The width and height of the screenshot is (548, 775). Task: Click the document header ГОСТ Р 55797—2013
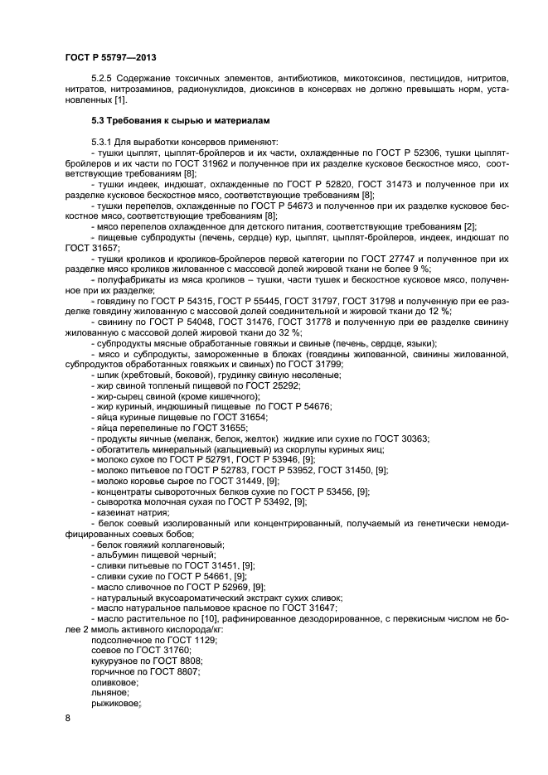(x=110, y=58)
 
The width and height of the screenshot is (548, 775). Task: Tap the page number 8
(x=67, y=718)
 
